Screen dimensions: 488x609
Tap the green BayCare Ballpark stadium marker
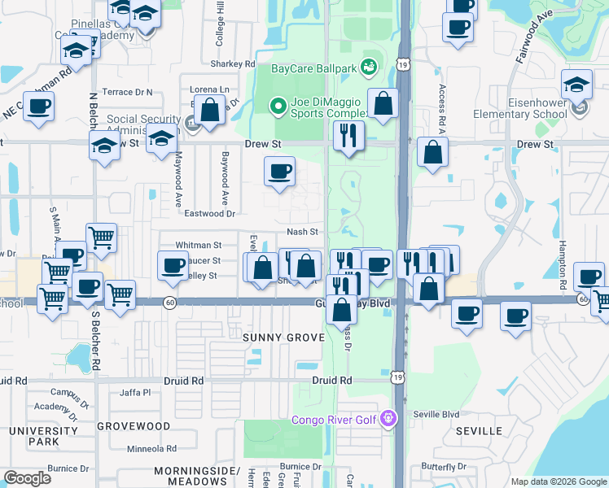(x=369, y=64)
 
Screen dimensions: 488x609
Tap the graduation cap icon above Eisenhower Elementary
(x=576, y=85)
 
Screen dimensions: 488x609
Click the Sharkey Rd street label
(x=233, y=63)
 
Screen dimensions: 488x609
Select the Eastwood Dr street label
(x=209, y=214)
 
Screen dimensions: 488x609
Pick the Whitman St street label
(x=199, y=245)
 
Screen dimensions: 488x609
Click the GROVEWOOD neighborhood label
(x=134, y=425)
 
